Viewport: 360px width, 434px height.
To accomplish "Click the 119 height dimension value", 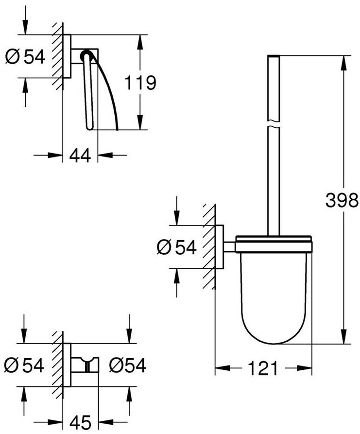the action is pyautogui.click(x=140, y=83).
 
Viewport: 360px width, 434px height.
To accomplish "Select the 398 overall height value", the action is pyautogui.click(x=342, y=200).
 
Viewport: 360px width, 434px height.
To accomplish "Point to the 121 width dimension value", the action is pyautogui.click(x=262, y=368).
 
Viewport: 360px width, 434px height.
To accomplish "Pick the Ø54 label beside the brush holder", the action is pyautogui.click(x=176, y=247).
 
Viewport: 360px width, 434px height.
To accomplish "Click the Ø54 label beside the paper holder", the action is pyautogui.click(x=25, y=57).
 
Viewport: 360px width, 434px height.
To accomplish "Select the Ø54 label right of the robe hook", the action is pyautogui.click(x=128, y=365).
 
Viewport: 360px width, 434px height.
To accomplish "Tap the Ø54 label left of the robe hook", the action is pyautogui.click(x=24, y=365).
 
